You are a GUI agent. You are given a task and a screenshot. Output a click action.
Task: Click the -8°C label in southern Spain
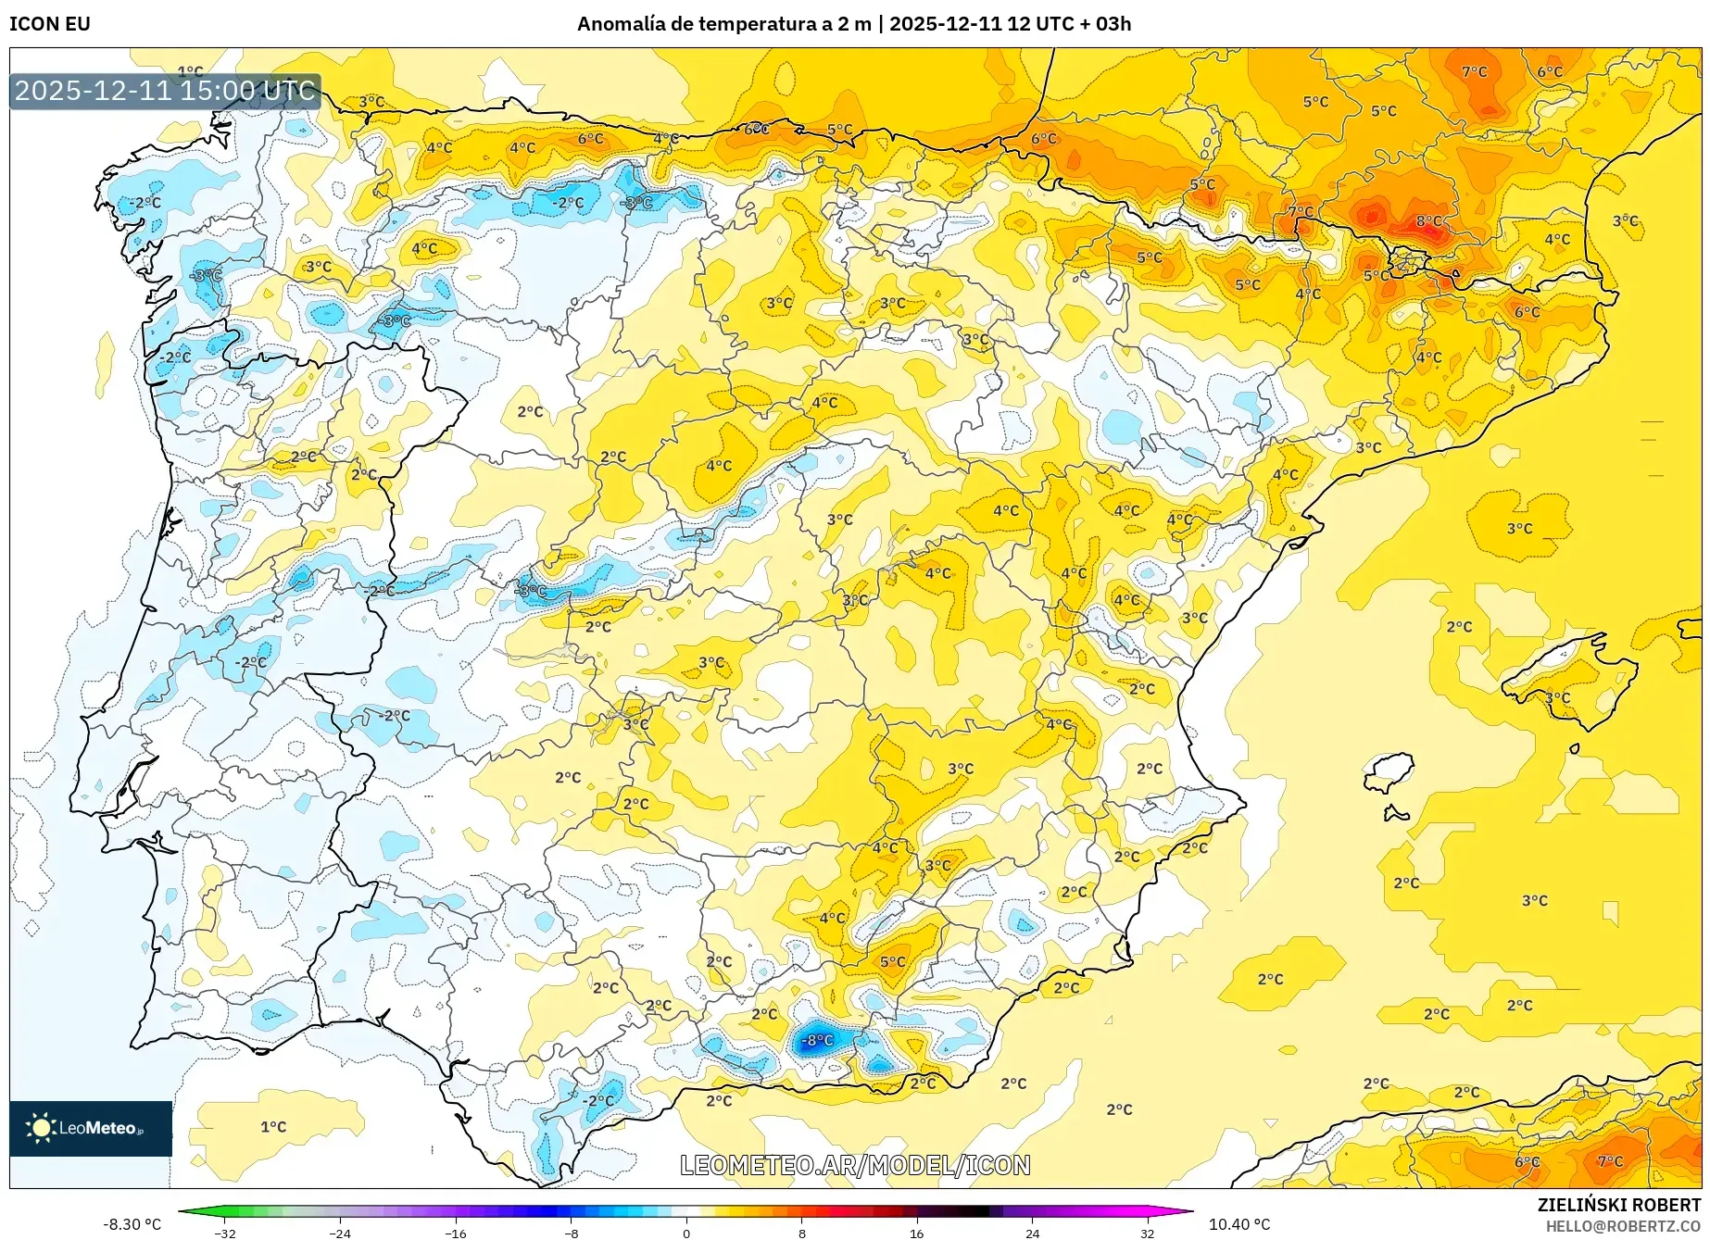(817, 1040)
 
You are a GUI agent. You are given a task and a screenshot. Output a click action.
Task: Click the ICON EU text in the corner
(50, 24)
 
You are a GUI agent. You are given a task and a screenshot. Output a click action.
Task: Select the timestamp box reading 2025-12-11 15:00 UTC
(165, 91)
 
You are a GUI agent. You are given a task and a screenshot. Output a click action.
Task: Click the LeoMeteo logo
(91, 1128)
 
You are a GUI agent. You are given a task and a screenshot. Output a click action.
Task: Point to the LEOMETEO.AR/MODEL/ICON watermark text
(855, 1165)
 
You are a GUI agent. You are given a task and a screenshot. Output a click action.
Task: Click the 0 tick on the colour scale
(686, 1233)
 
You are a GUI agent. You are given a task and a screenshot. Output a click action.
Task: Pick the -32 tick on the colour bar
(225, 1233)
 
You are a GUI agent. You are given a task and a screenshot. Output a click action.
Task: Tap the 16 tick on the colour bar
(916, 1233)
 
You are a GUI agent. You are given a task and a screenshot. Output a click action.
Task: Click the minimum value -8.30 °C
(132, 1224)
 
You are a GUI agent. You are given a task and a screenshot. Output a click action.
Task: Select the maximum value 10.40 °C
(1239, 1224)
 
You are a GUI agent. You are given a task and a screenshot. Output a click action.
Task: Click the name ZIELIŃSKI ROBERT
(1619, 1205)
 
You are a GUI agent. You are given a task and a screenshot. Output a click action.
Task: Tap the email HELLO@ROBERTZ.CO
(1622, 1226)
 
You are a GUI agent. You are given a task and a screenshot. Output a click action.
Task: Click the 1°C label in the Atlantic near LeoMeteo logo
(273, 1127)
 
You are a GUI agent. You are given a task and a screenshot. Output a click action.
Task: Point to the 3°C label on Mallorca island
(1557, 697)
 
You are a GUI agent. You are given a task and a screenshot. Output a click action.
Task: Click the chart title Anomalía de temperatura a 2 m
(724, 24)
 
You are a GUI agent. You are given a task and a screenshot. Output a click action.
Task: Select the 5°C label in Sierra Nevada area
(893, 961)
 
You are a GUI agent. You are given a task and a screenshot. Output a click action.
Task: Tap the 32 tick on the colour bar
(1147, 1233)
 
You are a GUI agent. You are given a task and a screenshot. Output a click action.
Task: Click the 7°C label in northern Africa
(1610, 1160)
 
